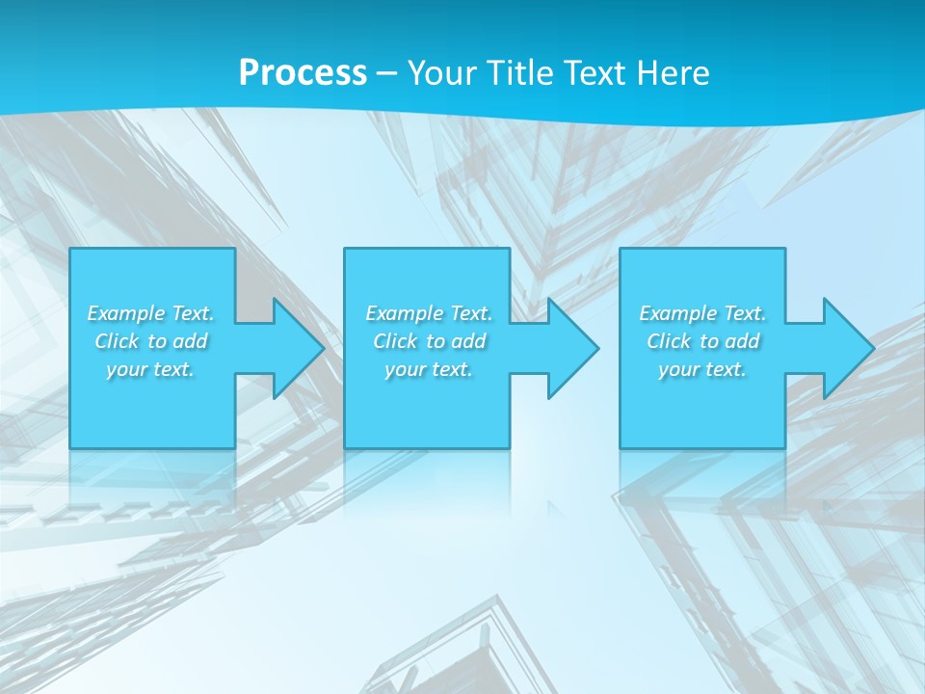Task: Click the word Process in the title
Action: click(x=303, y=73)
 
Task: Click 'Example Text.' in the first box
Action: click(x=151, y=313)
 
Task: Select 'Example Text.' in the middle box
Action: click(x=429, y=313)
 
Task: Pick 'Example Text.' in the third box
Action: click(x=702, y=313)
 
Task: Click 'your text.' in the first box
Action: click(x=150, y=369)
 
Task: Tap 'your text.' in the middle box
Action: click(x=429, y=369)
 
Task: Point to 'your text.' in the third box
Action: click(x=702, y=369)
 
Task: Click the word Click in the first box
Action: click(x=117, y=341)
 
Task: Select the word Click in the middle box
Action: click(x=394, y=341)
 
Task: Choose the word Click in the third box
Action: click(x=669, y=341)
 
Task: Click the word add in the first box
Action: click(x=191, y=341)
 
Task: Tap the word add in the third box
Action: click(x=743, y=341)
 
